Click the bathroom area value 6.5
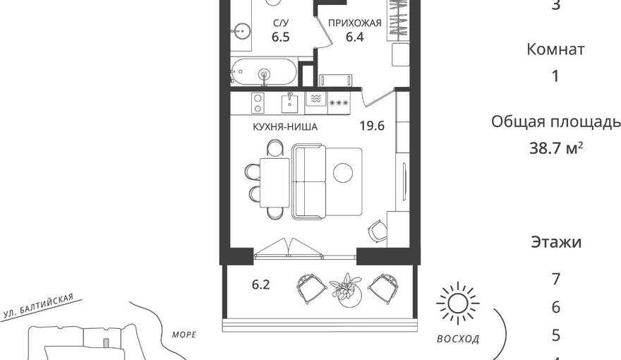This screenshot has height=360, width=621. coord(280,37)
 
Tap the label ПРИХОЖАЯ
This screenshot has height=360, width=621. coord(354,23)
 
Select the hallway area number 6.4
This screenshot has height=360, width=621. coord(354,37)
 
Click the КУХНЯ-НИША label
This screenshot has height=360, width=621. coord(285,127)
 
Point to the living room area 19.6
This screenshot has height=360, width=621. coord(372,126)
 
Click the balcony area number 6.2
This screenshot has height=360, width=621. coord(260,284)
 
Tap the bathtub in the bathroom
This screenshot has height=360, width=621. coord(264,72)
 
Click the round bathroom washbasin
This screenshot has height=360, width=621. coord(241,30)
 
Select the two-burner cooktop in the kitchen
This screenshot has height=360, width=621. coord(258,103)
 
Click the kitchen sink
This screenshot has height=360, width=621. coord(290,103)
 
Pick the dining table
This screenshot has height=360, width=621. coord(275,182)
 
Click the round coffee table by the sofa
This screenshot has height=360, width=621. coord(343,173)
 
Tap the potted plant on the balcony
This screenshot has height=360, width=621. coord(346,290)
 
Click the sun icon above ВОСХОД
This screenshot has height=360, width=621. coord(458,304)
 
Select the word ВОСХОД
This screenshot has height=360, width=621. coord(458,339)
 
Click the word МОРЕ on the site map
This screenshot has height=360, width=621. coord(184,335)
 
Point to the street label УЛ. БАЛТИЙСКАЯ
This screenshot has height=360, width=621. coord(38,306)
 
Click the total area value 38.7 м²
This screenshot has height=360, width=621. coord(556,148)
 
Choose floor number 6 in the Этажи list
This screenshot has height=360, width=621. coord(556,307)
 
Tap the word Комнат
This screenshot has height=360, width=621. coord(555,49)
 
